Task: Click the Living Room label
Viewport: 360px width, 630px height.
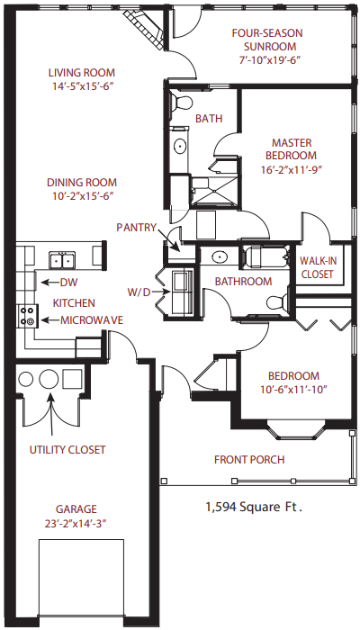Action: click(82, 73)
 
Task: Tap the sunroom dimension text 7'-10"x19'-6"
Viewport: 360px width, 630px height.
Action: click(267, 60)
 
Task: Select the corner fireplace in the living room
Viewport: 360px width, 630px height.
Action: click(145, 29)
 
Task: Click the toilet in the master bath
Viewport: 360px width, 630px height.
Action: click(180, 103)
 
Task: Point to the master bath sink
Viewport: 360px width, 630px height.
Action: click(180, 146)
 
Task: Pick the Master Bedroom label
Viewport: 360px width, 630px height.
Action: click(292, 149)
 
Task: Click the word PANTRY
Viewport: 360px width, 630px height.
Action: click(136, 228)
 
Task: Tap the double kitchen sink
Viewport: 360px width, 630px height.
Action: click(62, 260)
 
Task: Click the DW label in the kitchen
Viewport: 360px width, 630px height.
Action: click(68, 283)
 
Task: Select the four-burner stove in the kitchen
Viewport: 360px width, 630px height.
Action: click(28, 316)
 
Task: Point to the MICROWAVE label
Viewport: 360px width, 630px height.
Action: click(92, 320)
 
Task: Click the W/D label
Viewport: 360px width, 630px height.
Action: click(139, 292)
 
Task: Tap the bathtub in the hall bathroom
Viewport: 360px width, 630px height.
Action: click(266, 256)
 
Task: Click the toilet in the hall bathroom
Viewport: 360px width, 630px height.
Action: click(278, 303)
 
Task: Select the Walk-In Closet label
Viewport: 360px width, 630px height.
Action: click(318, 267)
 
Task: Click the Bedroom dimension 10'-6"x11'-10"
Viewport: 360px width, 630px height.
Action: click(293, 390)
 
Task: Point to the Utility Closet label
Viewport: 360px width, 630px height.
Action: click(67, 450)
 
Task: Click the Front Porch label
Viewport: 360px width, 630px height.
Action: click(249, 459)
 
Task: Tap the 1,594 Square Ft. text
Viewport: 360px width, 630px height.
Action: click(254, 507)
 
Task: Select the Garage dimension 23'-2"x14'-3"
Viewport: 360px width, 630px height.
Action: click(76, 524)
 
